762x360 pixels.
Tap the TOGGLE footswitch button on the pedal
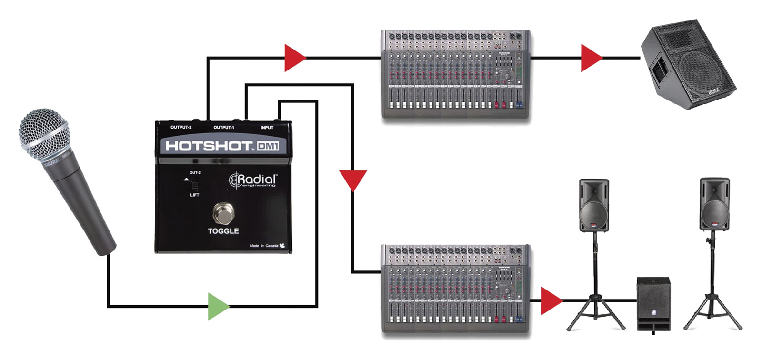click(222, 213)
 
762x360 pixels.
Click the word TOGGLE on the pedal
click(223, 231)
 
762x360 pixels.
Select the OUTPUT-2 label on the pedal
click(181, 128)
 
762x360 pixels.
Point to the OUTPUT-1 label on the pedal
click(223, 128)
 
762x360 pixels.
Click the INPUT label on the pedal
click(267, 128)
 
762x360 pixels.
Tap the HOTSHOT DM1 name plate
click(222, 146)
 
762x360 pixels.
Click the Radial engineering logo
click(252, 180)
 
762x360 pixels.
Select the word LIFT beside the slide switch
click(194, 195)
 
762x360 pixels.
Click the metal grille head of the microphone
click(43, 133)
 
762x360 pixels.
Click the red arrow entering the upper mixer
click(294, 58)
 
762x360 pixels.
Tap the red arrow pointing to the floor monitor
click(591, 58)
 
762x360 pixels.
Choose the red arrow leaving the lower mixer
click(551, 300)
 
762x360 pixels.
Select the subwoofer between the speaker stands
click(654, 303)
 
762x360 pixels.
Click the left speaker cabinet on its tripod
click(593, 205)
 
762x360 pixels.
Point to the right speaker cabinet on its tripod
click(714, 204)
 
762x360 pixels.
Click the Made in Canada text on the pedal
click(264, 246)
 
